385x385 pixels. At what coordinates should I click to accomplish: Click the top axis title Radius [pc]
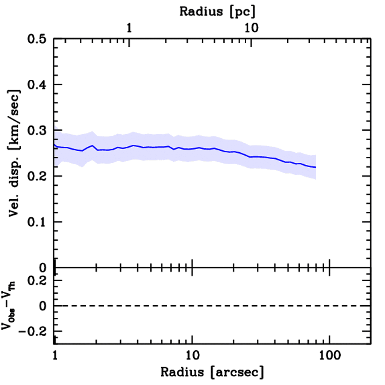(x=217, y=11)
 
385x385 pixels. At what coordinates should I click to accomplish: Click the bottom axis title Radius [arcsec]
(x=212, y=372)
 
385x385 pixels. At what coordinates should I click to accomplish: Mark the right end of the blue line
(x=315, y=167)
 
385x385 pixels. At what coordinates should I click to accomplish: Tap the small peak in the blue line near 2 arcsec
(x=92, y=146)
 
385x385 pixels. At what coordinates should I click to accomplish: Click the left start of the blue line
(x=55, y=145)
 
